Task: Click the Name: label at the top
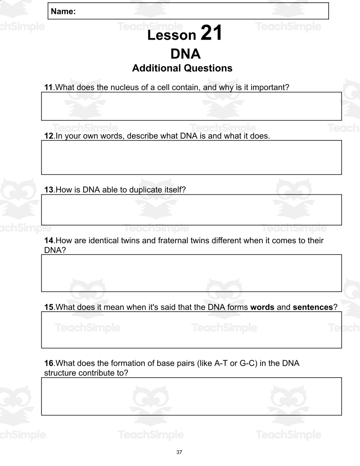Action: (x=63, y=12)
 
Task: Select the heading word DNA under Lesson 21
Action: (x=185, y=54)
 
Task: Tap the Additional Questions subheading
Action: (x=182, y=68)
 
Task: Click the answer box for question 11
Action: (x=191, y=106)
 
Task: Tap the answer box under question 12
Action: (x=191, y=157)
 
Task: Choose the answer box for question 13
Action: (x=191, y=210)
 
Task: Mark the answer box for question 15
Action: (x=191, y=330)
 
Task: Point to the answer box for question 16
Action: (x=191, y=396)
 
